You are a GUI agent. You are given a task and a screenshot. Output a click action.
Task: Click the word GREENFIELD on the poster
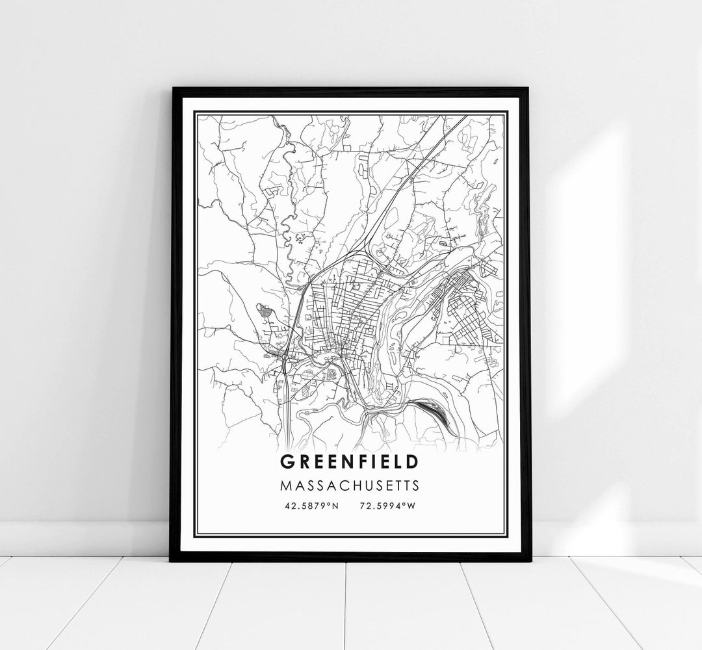tap(349, 461)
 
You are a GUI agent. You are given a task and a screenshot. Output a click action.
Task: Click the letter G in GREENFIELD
tap(286, 461)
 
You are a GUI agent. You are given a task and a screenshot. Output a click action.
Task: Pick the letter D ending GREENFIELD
tap(412, 461)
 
